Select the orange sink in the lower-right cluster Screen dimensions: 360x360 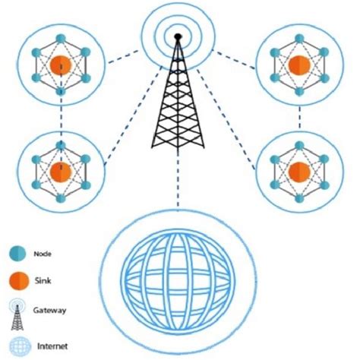click(301, 172)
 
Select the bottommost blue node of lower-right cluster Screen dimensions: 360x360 click(301, 200)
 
